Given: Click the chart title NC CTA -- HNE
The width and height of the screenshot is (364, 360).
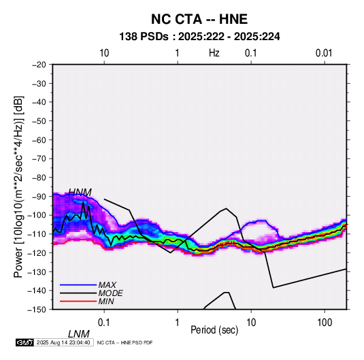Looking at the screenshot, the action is (x=199, y=19).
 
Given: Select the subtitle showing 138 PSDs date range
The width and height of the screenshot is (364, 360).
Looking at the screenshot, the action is (x=199, y=37).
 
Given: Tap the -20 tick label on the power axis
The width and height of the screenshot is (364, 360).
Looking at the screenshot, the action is (x=39, y=65).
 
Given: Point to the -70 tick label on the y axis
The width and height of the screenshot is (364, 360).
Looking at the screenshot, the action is (x=39, y=159).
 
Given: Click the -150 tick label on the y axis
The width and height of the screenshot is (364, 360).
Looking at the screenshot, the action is (x=37, y=310).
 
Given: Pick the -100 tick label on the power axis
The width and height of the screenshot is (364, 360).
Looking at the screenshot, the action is (x=37, y=215).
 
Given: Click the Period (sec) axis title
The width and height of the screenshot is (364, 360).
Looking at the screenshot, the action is (x=214, y=330).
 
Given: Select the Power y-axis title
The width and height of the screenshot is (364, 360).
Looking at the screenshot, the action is (x=18, y=186).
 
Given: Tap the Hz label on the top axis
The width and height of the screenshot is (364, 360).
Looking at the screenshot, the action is (x=214, y=53).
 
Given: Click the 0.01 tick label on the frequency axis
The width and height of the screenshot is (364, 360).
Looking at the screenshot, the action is (x=324, y=53).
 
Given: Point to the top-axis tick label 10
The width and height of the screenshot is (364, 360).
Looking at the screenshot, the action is (x=104, y=53).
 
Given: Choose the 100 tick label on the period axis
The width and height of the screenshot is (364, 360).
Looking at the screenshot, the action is (x=325, y=323).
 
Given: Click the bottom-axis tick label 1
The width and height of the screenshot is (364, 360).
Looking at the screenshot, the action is (x=177, y=323).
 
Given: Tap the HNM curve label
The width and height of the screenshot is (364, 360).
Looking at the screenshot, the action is (x=80, y=193).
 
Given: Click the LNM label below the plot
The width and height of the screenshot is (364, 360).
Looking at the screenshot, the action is (x=78, y=334).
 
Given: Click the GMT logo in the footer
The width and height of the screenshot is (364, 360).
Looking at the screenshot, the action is (x=24, y=342).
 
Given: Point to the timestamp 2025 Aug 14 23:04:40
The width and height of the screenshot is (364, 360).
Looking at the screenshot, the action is (x=63, y=342).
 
